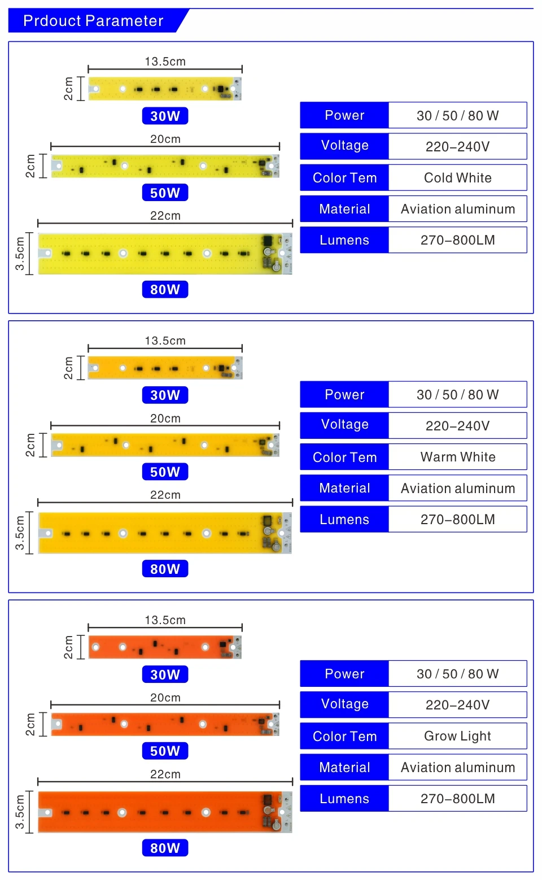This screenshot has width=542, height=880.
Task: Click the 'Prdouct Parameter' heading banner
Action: [94, 21]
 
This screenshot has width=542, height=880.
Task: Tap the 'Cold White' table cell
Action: [457, 178]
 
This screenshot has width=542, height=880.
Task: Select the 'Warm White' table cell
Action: [457, 457]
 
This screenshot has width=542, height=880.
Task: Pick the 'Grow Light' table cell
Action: [457, 736]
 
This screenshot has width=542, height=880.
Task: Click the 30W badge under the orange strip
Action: [165, 674]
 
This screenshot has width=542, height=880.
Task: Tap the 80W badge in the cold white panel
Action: [165, 289]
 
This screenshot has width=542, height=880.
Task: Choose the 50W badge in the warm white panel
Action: [165, 472]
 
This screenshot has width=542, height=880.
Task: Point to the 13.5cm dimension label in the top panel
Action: [165, 62]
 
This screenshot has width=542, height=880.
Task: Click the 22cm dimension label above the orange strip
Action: [165, 774]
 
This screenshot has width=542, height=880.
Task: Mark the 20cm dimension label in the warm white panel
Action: [165, 419]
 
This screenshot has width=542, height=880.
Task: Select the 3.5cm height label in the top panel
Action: [20, 254]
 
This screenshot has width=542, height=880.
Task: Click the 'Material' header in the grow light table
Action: [344, 767]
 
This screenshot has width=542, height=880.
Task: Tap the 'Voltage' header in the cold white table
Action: [344, 146]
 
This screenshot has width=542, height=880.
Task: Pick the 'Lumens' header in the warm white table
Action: [344, 520]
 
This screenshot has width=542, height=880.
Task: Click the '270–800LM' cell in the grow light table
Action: [457, 799]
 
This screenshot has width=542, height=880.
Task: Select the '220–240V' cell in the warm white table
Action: [457, 426]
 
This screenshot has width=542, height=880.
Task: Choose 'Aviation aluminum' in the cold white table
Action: [457, 209]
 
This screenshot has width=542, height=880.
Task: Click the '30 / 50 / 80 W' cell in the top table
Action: [457, 116]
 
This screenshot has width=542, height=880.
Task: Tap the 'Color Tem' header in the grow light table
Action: [344, 736]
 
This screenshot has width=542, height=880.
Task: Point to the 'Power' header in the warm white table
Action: [344, 395]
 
